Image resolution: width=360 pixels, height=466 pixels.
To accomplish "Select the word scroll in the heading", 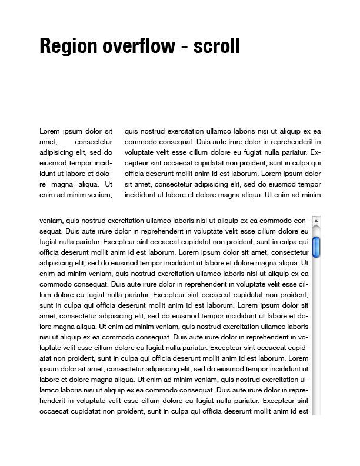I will point(217,45).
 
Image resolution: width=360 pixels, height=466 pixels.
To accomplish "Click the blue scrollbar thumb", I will point(316,247).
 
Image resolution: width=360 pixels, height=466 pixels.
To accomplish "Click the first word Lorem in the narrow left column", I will point(49,131).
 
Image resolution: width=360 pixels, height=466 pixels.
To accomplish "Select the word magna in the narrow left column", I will point(70,184).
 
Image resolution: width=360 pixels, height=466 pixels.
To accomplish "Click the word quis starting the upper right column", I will point(132,131).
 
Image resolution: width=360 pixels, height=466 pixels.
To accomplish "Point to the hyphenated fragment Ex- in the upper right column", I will point(315,152).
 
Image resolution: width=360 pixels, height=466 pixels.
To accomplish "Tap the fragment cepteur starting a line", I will point(138,163).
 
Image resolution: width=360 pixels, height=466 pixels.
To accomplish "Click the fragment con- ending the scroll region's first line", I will point(301,221).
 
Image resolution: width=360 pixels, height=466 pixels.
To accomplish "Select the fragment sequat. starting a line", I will point(51,231).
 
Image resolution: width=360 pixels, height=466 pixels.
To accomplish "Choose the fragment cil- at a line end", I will point(304,284).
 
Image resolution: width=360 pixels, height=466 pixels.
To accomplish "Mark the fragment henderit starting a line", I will point(54,401).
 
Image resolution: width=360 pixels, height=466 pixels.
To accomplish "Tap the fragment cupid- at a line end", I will point(299,348).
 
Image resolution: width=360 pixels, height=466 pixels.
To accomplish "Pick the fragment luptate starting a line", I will point(51,348).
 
